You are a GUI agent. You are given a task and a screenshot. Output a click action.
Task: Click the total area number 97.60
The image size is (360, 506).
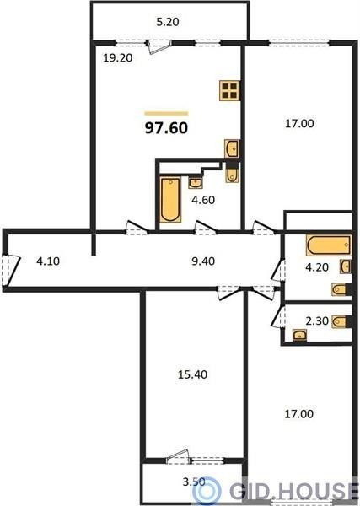[166, 128]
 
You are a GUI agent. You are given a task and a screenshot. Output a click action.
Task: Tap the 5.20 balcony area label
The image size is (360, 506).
[168, 22]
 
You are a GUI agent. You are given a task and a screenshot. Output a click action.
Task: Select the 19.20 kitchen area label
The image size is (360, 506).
[118, 58]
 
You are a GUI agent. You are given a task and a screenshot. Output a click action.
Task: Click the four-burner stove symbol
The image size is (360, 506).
[229, 91]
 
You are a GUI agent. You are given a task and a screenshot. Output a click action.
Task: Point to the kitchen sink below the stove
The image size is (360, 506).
[232, 148]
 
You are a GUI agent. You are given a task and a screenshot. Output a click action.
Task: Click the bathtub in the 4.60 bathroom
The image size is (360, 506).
[170, 199]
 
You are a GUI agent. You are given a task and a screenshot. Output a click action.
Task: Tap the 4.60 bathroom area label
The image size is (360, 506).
[203, 200]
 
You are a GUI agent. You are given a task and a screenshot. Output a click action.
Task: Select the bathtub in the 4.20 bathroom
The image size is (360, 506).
[329, 245]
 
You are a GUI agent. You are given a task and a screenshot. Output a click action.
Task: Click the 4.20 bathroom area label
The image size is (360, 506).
[317, 267]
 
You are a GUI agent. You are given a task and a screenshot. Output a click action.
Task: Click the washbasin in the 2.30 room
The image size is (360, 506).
[299, 335]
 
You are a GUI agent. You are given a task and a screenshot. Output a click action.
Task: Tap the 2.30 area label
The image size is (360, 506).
[317, 321]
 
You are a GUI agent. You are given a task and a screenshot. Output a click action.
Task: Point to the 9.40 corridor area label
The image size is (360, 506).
[203, 261]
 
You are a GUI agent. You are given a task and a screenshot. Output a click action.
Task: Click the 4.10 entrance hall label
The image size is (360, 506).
[48, 261]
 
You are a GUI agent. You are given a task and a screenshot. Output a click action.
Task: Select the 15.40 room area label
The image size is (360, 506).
[192, 374]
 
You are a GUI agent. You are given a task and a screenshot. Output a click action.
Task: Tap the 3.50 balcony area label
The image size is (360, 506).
[194, 482]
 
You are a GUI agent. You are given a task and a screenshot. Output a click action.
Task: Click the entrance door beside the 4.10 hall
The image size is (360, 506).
[10, 271]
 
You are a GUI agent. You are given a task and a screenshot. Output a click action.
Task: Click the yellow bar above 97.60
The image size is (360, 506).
[166, 113]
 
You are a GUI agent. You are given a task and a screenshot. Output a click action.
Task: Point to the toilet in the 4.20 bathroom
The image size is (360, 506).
[341, 289]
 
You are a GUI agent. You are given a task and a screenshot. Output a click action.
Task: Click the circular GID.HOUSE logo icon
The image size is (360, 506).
[207, 492]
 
